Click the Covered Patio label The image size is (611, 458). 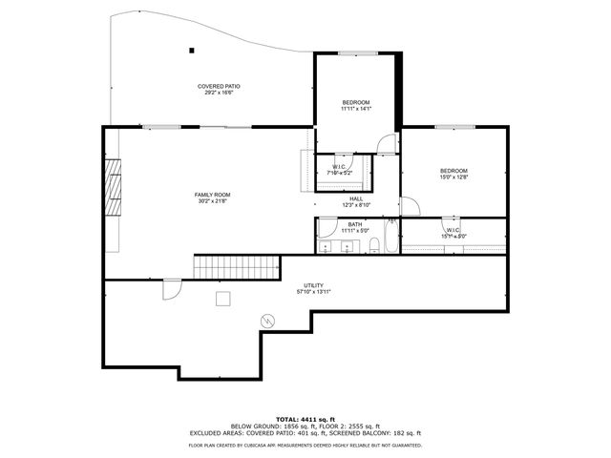[x=219, y=89]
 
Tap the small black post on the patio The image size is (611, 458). [x=191, y=51]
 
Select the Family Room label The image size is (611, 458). [x=212, y=198]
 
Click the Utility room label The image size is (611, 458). [x=313, y=288]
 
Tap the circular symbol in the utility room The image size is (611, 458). [x=268, y=319]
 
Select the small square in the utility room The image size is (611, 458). [x=222, y=299]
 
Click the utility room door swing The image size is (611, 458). [x=171, y=287]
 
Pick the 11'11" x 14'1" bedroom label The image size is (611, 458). [x=355, y=105]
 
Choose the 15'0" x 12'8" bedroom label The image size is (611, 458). [x=453, y=174]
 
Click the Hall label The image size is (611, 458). [x=355, y=201]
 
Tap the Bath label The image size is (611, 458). [x=354, y=226]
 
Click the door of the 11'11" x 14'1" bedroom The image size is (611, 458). [x=385, y=145]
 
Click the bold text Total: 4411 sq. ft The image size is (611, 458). [x=305, y=419]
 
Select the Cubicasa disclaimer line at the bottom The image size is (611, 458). [x=305, y=445]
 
